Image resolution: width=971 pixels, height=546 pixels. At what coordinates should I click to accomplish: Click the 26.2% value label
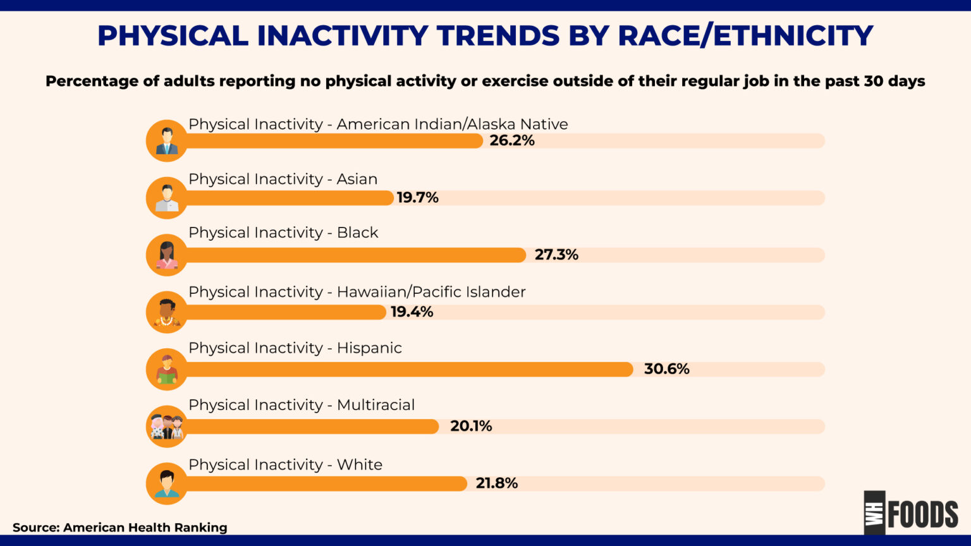tap(511, 140)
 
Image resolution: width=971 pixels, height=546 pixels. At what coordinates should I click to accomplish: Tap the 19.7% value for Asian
tap(417, 197)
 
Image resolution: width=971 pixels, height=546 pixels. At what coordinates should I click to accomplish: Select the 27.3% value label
tap(556, 255)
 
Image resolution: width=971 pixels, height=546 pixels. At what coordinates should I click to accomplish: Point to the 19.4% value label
tap(412, 312)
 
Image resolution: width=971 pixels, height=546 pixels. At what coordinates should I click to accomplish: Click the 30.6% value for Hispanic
tap(666, 369)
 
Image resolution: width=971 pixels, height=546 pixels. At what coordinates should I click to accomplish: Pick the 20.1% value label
tap(471, 426)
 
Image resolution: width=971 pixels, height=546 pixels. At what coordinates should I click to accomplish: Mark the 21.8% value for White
tap(496, 483)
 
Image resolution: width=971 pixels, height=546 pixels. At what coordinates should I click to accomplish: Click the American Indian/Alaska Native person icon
tap(167, 141)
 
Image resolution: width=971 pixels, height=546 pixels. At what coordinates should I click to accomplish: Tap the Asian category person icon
tap(167, 198)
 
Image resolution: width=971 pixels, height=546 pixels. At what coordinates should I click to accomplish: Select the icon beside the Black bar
tap(167, 255)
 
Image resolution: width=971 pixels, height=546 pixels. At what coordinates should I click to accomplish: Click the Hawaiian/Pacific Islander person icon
tap(167, 312)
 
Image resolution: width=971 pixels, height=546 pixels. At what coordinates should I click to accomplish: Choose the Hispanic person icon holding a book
tap(167, 369)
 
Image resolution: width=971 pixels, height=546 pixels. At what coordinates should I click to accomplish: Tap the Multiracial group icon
tap(167, 427)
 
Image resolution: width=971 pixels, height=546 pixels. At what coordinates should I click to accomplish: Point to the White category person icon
tap(167, 483)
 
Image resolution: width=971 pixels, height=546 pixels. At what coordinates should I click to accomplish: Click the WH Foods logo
tap(910, 513)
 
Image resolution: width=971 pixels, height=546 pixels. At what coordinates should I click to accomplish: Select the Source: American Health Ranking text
tap(119, 528)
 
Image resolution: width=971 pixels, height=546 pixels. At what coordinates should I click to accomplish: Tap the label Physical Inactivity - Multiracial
tap(302, 405)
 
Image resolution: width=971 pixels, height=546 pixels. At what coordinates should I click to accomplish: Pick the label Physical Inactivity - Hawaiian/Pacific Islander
tap(357, 292)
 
